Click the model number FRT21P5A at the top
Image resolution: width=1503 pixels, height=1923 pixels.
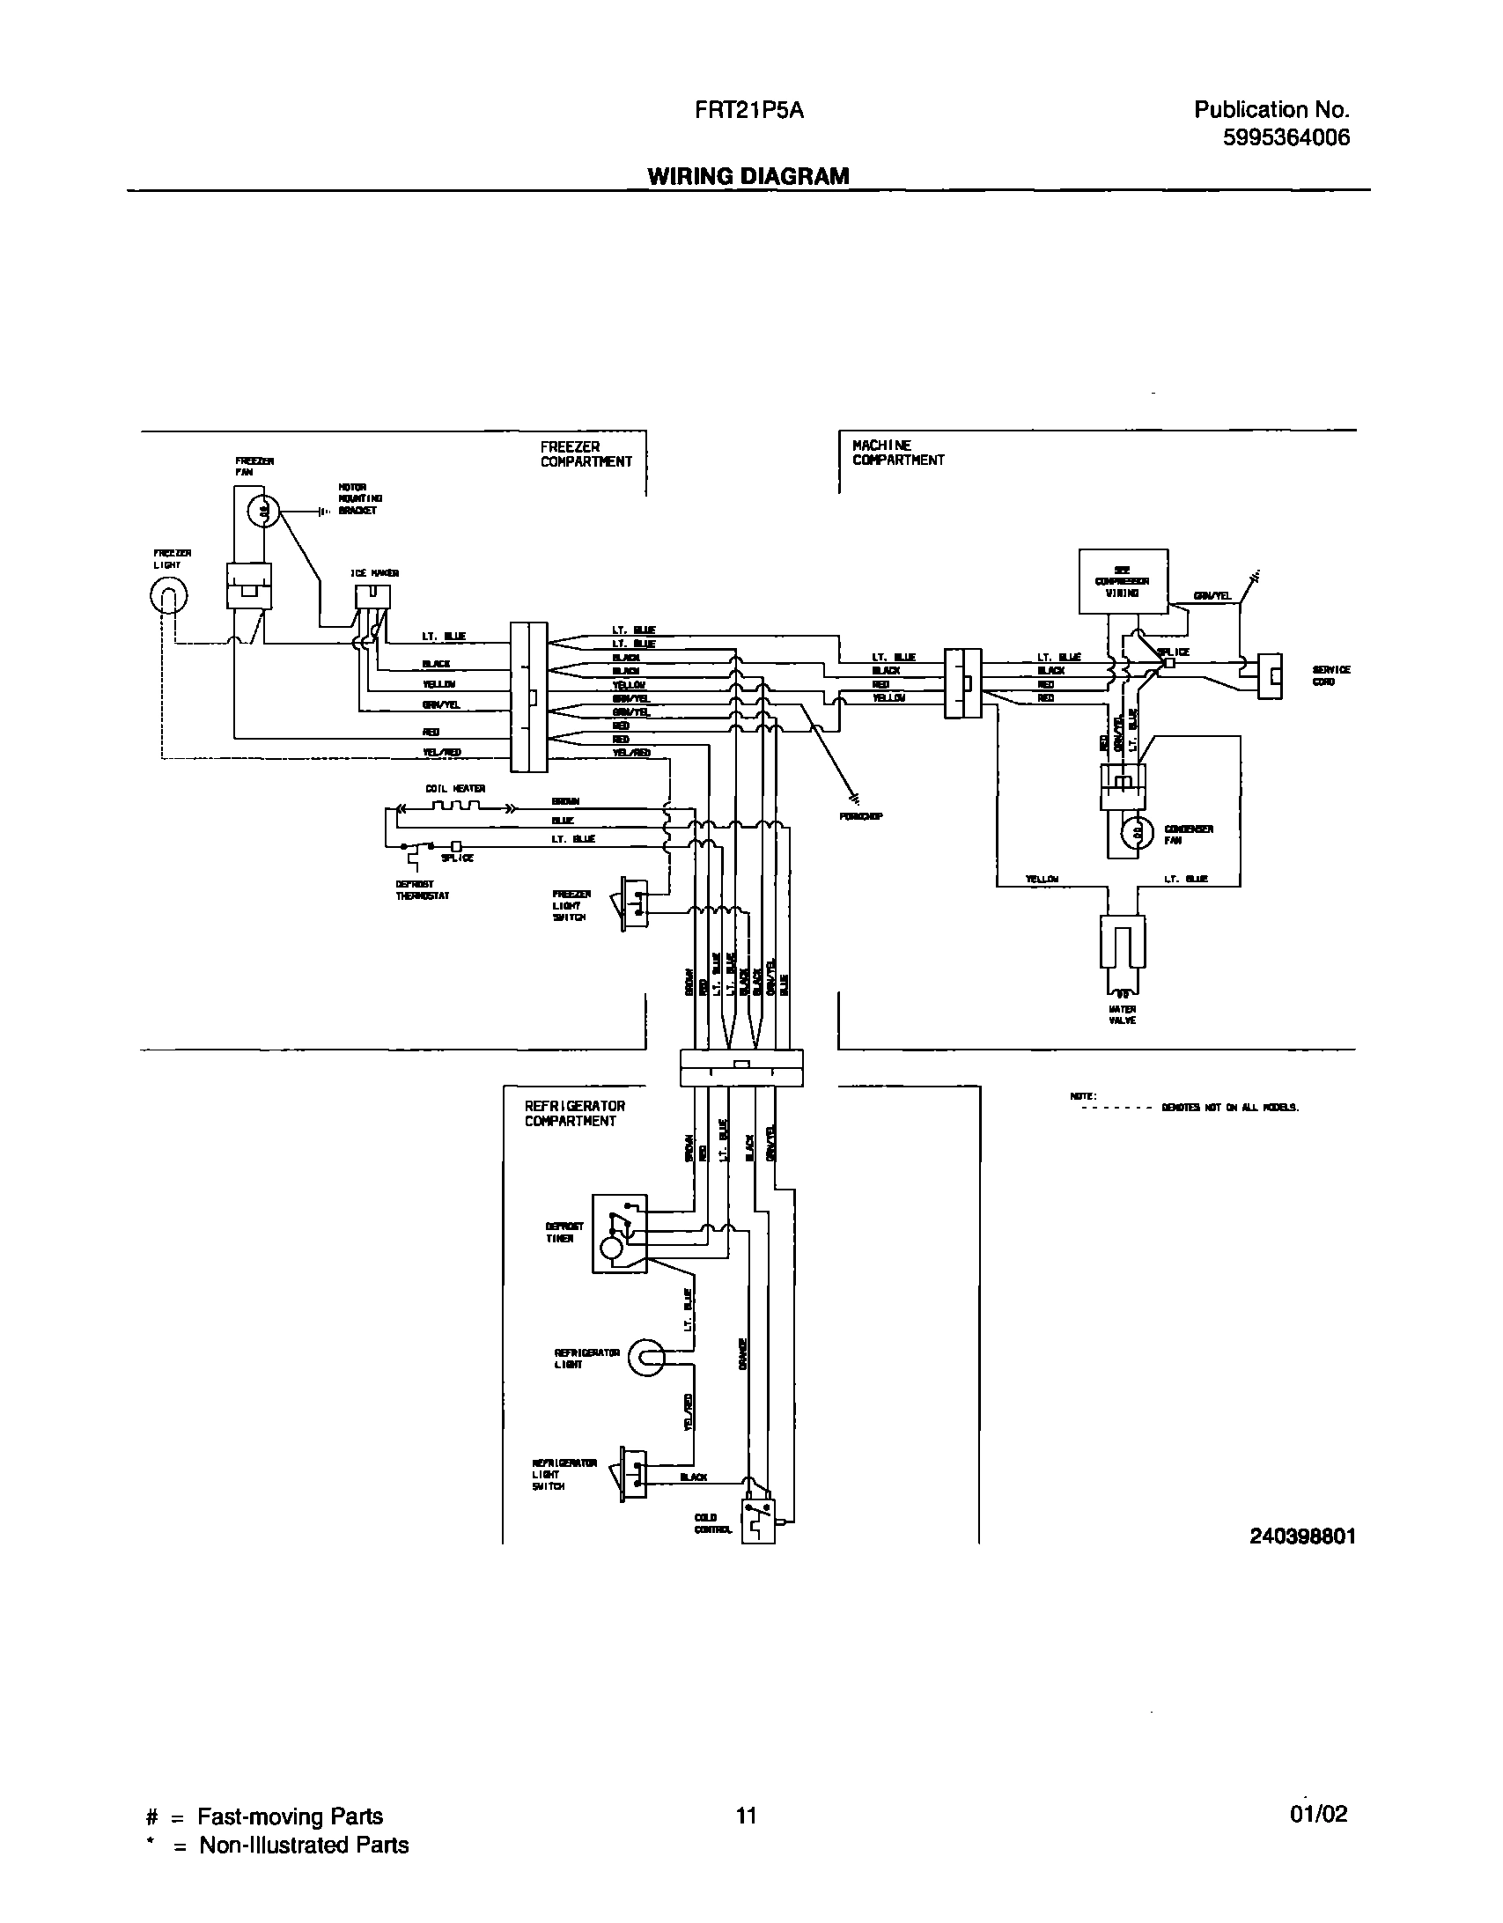748,111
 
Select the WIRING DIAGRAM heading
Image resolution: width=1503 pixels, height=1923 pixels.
748,176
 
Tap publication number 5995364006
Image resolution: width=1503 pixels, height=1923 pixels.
1286,138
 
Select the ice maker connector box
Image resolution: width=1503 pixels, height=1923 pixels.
372,597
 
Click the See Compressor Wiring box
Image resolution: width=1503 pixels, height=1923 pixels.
1123,581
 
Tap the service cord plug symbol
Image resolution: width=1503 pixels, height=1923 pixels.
1269,676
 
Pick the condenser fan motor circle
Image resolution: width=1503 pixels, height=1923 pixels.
1136,832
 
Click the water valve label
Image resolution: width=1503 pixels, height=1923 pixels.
1122,1014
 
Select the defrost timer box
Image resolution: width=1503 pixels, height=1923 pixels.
619,1234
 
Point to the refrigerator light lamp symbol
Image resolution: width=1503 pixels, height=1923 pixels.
645,1359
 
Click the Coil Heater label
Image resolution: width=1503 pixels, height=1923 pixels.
455,789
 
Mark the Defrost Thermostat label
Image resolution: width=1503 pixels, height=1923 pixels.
422,890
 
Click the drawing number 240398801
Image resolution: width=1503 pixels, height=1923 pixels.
1302,1536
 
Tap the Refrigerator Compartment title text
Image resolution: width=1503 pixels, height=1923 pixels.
575,1113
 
